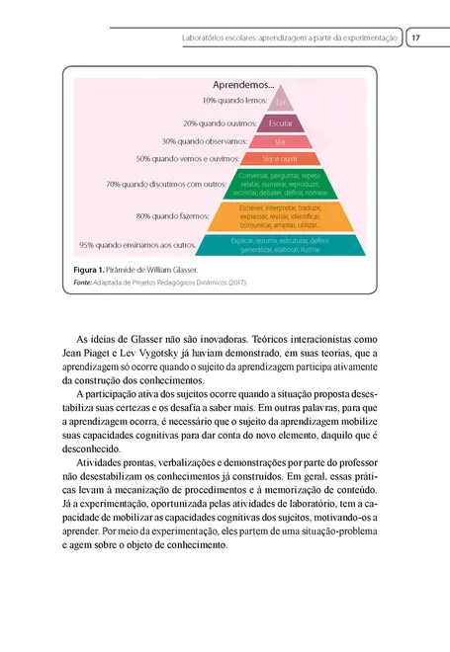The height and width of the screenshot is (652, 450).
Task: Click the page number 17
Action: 416,38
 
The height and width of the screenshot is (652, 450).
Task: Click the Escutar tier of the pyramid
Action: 281,123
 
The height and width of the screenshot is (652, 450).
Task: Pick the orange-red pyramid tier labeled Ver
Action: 281,141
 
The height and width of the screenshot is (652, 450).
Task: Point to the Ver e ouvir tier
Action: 281,158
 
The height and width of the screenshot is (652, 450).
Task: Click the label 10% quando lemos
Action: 233,101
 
